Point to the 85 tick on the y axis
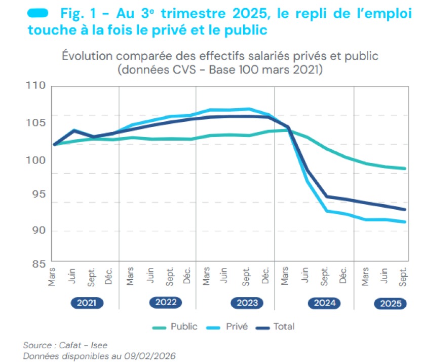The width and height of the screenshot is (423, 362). (x=36, y=264)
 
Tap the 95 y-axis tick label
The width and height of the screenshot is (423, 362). (x=36, y=194)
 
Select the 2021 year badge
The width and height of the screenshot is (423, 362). (x=86, y=303)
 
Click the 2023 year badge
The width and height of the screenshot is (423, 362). (x=247, y=303)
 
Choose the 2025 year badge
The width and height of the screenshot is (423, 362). (x=390, y=304)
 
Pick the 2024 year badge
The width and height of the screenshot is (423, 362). (x=324, y=303)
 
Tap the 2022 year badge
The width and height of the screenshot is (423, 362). (x=166, y=303)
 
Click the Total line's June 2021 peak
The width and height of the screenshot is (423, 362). (x=74, y=130)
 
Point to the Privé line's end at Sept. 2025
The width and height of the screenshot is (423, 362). (x=405, y=222)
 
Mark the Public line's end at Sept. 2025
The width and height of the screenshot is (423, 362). (x=405, y=169)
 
